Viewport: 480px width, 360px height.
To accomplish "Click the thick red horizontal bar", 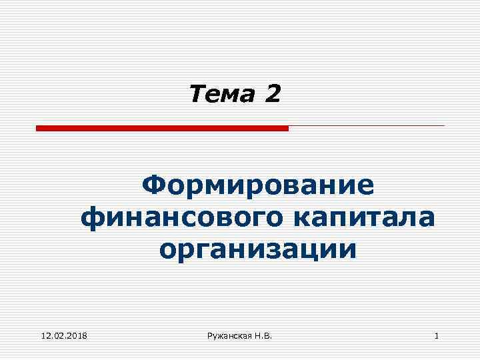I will point(162,128).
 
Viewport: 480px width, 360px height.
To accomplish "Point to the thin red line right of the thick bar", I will point(367,125).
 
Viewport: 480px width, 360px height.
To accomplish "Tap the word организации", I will point(259,250).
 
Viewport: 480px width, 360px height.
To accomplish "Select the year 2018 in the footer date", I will point(83,335).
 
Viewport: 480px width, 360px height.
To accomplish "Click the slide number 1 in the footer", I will point(436,335).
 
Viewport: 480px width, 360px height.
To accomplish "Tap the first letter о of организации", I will point(169,251).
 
